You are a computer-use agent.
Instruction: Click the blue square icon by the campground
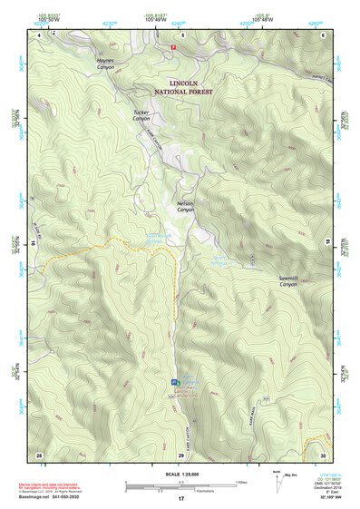[175, 382]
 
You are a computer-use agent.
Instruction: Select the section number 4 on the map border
[39, 35]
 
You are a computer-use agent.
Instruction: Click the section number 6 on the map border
[323, 35]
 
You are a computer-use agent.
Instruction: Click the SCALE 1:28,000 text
[180, 474]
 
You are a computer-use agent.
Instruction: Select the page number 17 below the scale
[180, 499]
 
